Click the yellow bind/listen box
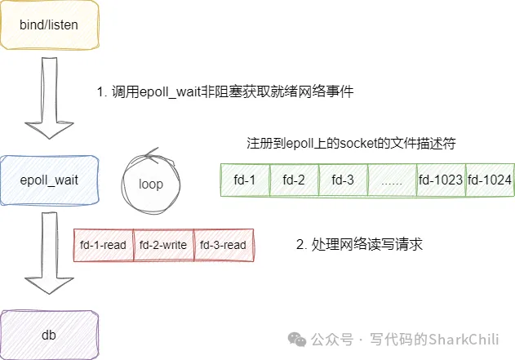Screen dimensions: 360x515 (x=49, y=25)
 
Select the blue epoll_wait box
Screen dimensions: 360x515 (x=49, y=180)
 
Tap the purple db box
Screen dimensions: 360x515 (x=49, y=334)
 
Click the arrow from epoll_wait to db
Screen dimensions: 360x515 (x=49, y=253)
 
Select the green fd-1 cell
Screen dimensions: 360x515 (x=246, y=180)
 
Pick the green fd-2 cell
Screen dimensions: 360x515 (x=294, y=180)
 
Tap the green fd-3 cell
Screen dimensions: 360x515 (x=344, y=180)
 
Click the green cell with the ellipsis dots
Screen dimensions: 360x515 (x=392, y=180)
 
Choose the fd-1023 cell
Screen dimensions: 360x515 (x=440, y=180)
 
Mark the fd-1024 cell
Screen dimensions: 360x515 (x=490, y=180)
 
